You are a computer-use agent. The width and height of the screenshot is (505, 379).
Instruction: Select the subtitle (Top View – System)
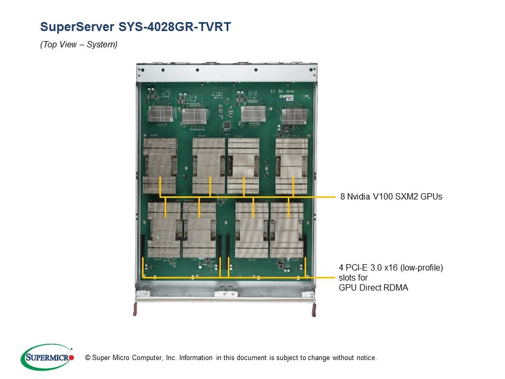[79, 45]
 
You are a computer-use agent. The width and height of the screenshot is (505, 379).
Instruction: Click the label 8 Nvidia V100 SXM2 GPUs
[391, 197]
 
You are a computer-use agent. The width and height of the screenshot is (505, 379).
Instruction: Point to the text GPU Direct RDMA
[374, 287]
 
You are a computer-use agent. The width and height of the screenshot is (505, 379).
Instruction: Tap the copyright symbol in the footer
[80, 358]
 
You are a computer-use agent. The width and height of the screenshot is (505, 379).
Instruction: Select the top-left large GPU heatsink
[160, 166]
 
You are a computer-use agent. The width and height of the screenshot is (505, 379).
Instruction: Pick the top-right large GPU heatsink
[291, 166]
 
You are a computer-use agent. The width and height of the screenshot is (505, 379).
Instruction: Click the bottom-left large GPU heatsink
[164, 230]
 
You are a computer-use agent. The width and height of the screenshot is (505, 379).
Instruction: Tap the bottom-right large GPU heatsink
[287, 230]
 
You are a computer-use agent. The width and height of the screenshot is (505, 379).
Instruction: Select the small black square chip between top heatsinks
[227, 125]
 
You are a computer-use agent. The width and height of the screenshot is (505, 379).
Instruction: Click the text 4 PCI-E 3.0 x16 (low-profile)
[391, 268]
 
